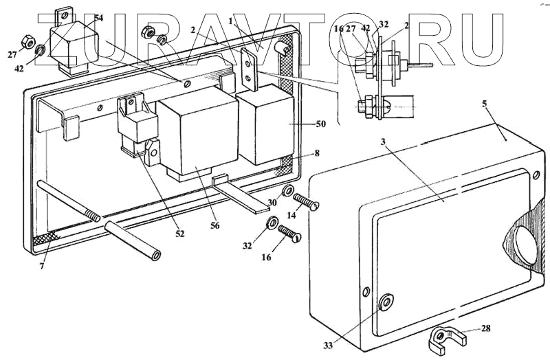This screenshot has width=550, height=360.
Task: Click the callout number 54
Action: point(98,19)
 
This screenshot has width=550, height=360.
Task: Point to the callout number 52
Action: point(179,234)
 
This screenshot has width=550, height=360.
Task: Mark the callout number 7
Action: point(42,266)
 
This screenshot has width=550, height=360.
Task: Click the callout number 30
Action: point(272,203)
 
